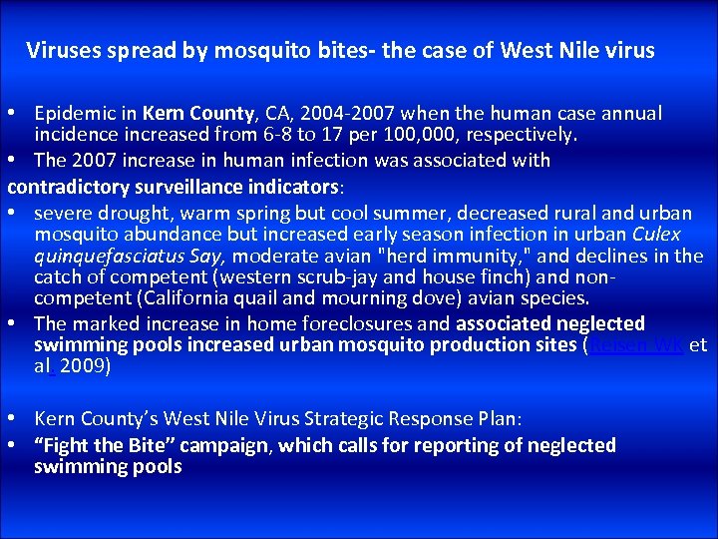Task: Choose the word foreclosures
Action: click(x=316, y=323)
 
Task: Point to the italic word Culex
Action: click(x=657, y=235)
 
